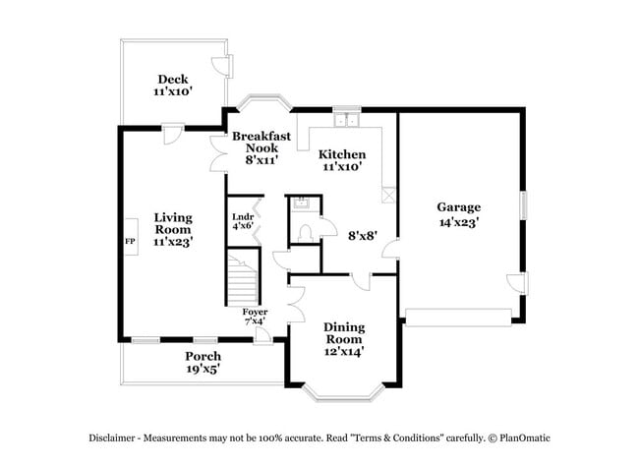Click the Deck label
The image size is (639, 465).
pyautogui.click(x=172, y=79)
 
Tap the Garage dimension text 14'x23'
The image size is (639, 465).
pyautogui.click(x=459, y=223)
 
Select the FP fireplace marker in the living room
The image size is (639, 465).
pyautogui.click(x=129, y=240)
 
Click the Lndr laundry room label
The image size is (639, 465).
pyautogui.click(x=243, y=217)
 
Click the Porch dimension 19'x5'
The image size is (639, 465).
pyautogui.click(x=203, y=370)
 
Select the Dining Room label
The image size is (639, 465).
pyautogui.click(x=344, y=333)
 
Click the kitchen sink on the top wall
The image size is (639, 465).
pyautogui.click(x=345, y=121)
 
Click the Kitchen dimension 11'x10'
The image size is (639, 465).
pyautogui.click(x=342, y=167)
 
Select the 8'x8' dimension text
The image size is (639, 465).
pyautogui.click(x=364, y=235)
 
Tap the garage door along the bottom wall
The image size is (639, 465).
pyautogui.click(x=457, y=317)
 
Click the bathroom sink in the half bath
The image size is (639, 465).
pyautogui.click(x=301, y=203)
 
